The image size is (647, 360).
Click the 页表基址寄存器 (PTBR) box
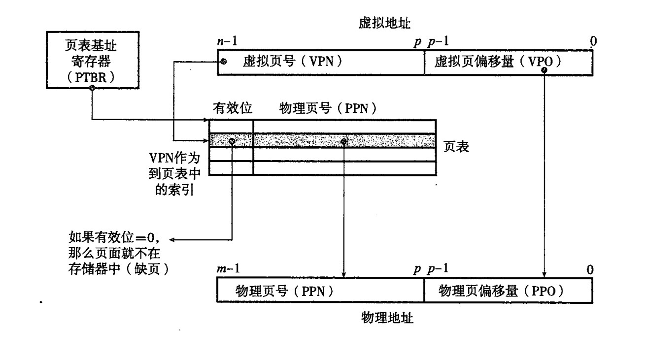click(x=92, y=61)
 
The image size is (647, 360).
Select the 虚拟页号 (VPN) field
click(x=321, y=62)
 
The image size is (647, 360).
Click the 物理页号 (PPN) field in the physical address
click(x=321, y=291)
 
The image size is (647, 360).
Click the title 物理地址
click(x=387, y=318)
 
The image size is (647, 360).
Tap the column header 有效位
click(x=229, y=107)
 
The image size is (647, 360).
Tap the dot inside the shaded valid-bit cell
click(x=232, y=141)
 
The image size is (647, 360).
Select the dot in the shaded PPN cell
click(x=344, y=141)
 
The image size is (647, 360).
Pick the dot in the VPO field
click(x=544, y=70)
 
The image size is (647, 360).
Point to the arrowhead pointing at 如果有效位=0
click(x=173, y=240)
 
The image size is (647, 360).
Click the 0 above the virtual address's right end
click(x=593, y=42)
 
